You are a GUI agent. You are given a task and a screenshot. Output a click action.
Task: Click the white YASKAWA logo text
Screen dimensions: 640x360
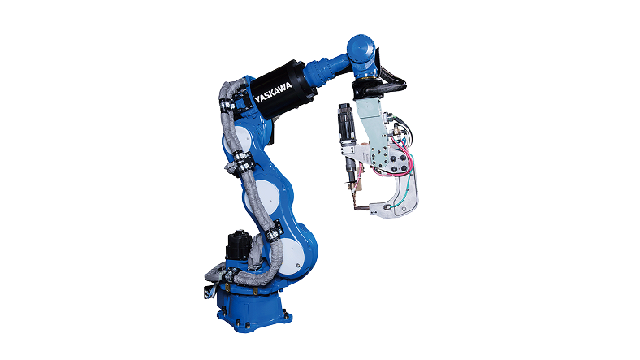point(273,93)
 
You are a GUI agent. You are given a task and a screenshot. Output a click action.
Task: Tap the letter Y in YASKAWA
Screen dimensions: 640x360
point(257,100)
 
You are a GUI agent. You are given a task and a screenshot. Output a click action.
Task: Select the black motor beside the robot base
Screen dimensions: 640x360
point(238,245)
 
